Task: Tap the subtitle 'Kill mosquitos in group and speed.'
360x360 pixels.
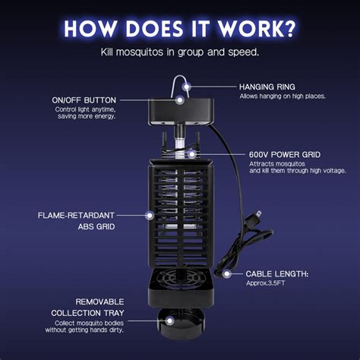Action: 179,52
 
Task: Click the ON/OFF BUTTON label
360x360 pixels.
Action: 84,100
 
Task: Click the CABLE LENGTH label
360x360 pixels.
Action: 276,273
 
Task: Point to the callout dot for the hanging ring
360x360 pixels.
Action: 187,87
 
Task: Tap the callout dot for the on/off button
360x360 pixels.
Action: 180,99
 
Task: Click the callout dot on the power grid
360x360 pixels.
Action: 191,153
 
